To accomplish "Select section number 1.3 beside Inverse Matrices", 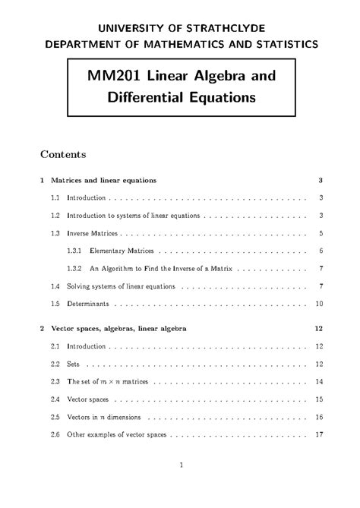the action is pos(55,233).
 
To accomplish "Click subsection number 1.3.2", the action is pos(74,269).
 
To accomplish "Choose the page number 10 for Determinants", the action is pos(320,304).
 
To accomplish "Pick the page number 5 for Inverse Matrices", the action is pos(322,233).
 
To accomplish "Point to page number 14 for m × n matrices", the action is pos(320,381).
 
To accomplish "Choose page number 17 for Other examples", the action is pos(320,434).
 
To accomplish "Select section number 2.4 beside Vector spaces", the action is pos(55,399).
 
